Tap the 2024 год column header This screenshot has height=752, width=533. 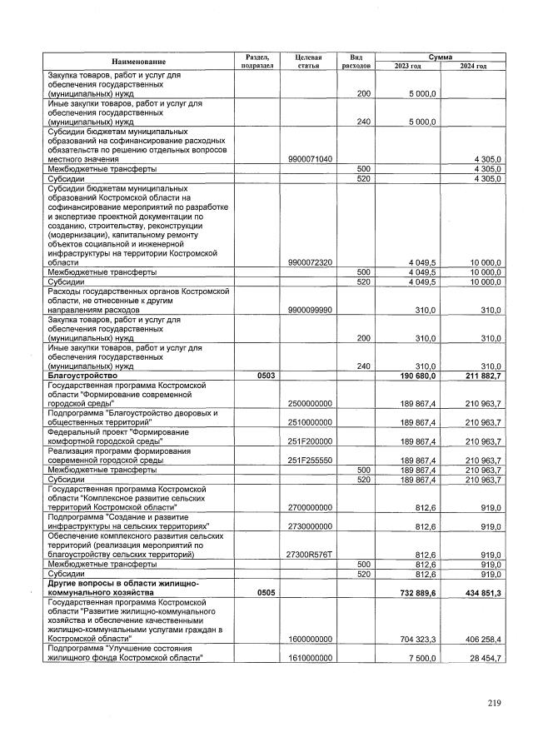pyautogui.click(x=473, y=66)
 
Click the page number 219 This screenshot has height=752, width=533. pyautogui.click(x=495, y=704)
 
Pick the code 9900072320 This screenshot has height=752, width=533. pyautogui.click(x=308, y=261)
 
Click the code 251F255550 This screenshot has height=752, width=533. pyautogui.click(x=308, y=460)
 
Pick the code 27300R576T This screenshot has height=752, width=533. pyautogui.click(x=308, y=554)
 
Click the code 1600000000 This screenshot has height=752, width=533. pyautogui.click(x=308, y=639)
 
